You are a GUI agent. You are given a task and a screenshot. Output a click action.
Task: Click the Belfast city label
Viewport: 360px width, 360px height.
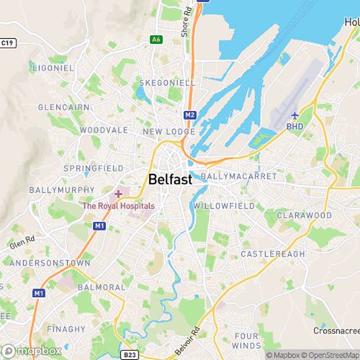(x=171, y=180)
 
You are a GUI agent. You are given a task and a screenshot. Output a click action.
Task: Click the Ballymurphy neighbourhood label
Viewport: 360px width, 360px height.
(x=61, y=190)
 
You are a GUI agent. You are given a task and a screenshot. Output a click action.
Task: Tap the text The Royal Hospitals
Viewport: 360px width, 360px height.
(x=118, y=205)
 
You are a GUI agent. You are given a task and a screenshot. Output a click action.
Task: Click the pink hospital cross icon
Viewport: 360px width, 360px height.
(x=118, y=194)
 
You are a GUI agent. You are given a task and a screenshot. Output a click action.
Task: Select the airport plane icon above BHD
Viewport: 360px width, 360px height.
(x=294, y=115)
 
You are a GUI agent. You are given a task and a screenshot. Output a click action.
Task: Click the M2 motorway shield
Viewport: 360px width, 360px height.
(x=190, y=114)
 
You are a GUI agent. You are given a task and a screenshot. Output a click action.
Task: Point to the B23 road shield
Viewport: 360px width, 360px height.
(x=130, y=354)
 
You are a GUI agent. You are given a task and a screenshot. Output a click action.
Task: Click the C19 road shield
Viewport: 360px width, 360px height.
(x=8, y=43)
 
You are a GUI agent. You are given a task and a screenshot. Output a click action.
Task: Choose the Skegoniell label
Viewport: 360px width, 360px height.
(x=167, y=83)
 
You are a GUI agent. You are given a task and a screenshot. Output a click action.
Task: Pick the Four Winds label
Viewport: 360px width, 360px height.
(x=246, y=341)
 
